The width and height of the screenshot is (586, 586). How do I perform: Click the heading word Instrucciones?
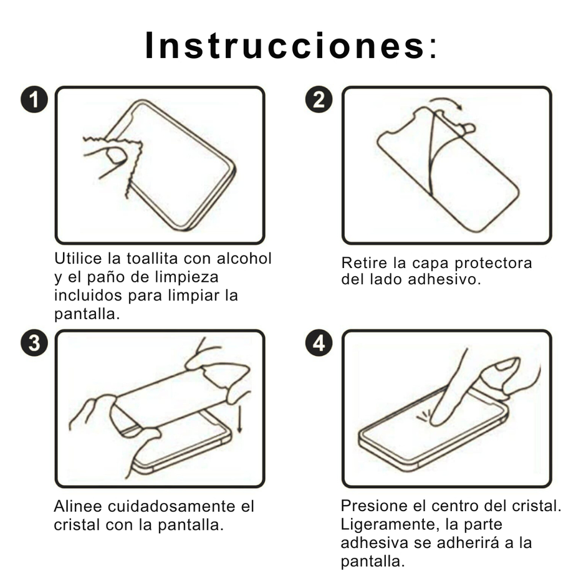[284, 46]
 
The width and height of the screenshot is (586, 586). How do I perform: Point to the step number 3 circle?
[34, 343]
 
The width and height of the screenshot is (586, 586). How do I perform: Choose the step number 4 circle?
[319, 343]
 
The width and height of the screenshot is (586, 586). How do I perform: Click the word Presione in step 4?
[374, 506]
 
